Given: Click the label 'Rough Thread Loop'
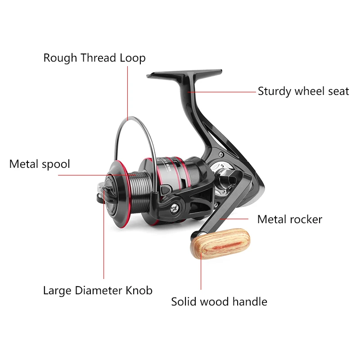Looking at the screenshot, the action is (x=94, y=58).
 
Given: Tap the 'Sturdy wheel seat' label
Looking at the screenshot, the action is (x=303, y=91).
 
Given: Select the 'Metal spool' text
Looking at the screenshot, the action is (x=40, y=164).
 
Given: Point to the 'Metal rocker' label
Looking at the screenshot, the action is (x=289, y=220).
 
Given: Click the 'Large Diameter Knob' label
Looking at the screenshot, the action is (x=98, y=290).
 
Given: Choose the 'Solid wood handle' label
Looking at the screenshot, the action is (x=219, y=301).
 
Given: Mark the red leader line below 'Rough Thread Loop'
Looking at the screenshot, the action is (x=128, y=90).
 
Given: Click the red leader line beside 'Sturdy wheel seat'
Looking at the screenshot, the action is (x=223, y=92).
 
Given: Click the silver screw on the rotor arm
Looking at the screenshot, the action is (x=174, y=208).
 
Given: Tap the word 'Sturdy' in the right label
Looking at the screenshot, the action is (x=274, y=91).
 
